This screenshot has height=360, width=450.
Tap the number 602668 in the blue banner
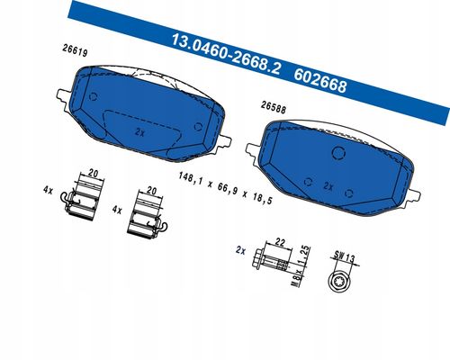click(320, 81)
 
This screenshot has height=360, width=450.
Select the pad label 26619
click(75, 50)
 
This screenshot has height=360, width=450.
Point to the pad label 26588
click(274, 107)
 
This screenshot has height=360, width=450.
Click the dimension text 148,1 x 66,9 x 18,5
click(225, 188)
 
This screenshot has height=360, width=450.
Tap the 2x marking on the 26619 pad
click(139, 131)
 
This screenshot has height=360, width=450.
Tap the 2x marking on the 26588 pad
click(328, 186)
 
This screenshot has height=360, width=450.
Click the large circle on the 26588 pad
click(338, 152)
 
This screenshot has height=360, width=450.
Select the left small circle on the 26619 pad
click(94, 96)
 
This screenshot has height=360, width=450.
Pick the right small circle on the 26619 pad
click(198, 126)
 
